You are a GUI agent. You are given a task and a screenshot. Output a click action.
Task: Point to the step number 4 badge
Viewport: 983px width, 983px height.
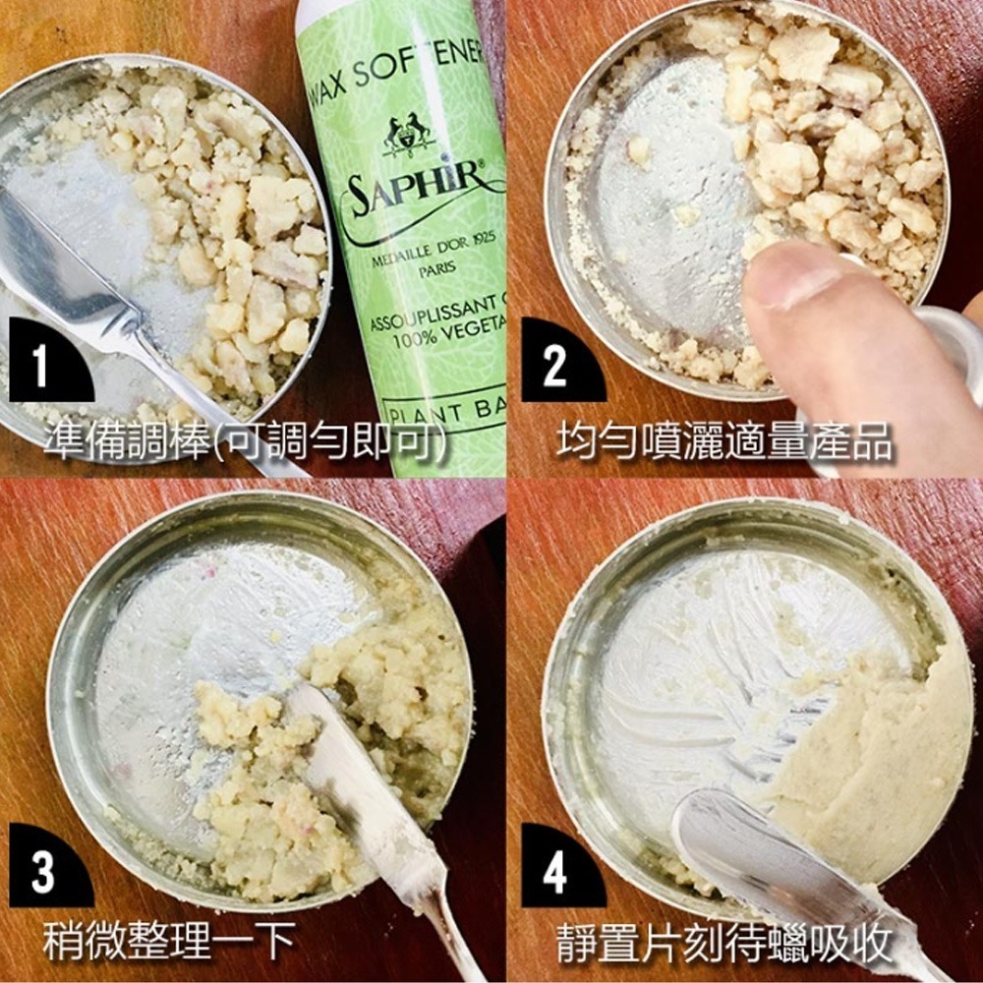554,871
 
